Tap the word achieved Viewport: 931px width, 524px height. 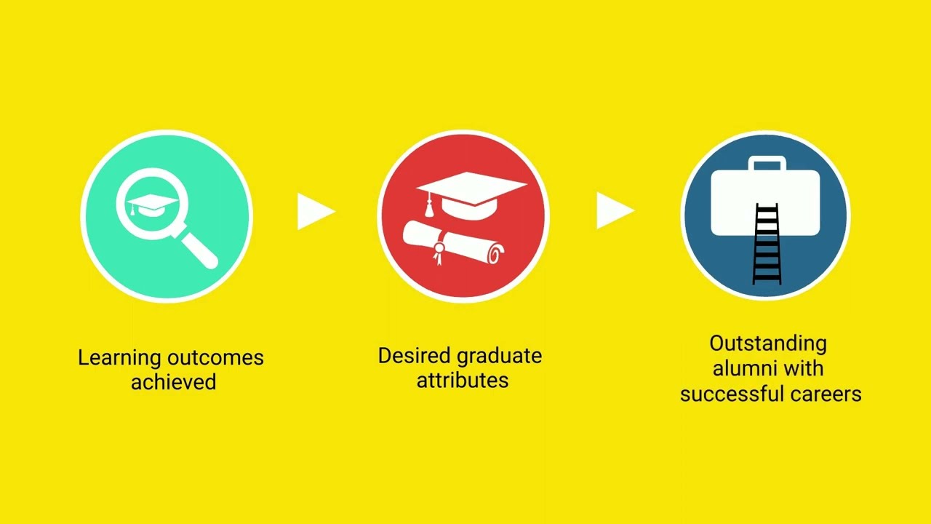coord(174,382)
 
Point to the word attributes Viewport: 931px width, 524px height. coord(463,380)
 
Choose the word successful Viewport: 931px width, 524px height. coord(732,394)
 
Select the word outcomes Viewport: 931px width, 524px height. coord(215,358)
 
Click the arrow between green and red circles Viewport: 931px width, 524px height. coord(316,211)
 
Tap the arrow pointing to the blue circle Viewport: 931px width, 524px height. coord(615,210)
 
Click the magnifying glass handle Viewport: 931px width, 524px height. coord(199,250)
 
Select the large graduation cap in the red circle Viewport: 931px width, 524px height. coord(472,194)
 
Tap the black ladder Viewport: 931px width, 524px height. coord(767,245)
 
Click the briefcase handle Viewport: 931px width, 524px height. coord(767,163)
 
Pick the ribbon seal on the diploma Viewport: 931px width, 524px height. coord(439,252)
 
